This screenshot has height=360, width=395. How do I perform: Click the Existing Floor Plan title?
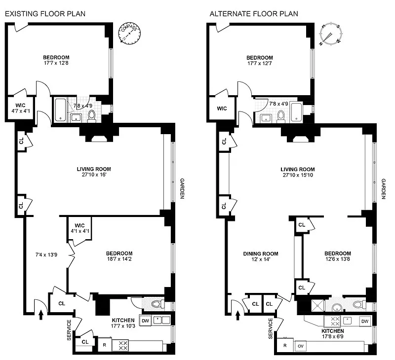pos(45,14)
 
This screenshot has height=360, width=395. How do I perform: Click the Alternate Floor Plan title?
pos(254,14)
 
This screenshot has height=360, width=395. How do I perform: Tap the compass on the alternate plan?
pos(331,34)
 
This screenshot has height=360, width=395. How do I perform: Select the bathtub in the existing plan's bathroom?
pos(60,110)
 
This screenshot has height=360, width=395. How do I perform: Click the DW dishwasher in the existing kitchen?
pos(145,321)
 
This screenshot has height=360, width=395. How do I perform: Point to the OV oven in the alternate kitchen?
pos(301,346)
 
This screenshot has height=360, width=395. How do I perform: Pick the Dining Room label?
pos(261,254)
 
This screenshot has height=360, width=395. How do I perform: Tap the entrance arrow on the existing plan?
pos(41,315)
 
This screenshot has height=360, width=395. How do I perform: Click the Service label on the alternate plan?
pos(271,328)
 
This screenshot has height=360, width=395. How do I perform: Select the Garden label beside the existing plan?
pos(182,188)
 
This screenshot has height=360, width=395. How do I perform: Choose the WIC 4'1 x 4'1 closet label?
pos(79,228)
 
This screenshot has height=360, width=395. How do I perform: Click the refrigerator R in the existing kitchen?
pos(104,345)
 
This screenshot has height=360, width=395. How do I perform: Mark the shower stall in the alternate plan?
pos(318,306)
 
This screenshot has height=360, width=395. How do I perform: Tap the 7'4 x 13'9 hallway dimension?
pos(46,255)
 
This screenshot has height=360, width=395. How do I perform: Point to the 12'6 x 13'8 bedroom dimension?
pos(338,259)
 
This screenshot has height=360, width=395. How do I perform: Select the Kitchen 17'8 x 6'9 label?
pos(333,333)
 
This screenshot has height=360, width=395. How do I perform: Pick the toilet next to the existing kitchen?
pos(158,305)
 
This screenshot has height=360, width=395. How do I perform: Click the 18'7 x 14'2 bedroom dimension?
pos(119,259)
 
